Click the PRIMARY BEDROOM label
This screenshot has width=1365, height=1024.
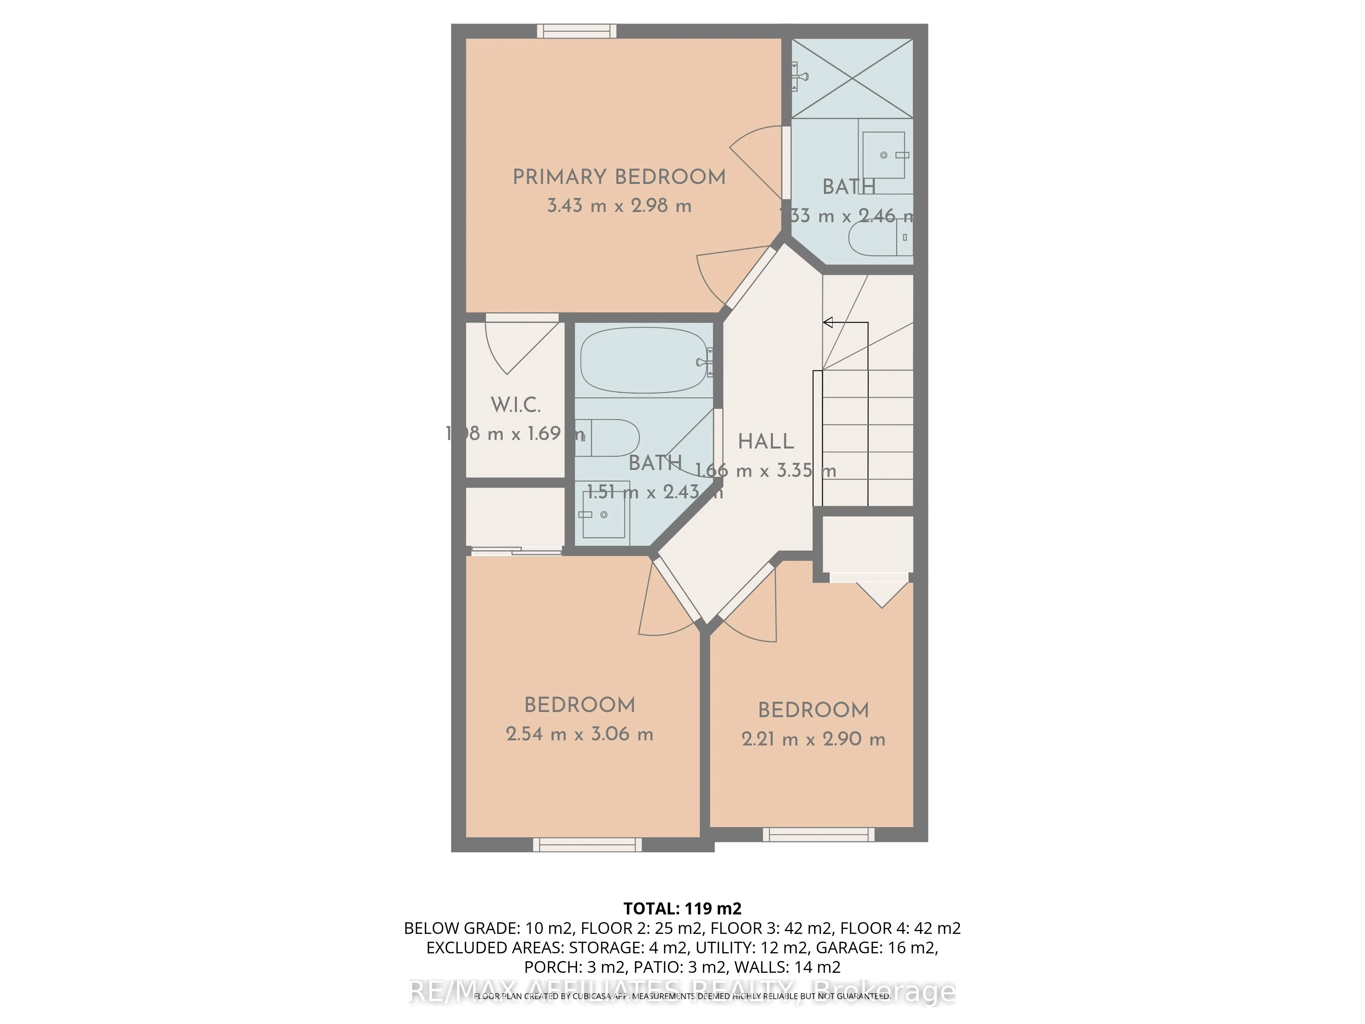click(619, 177)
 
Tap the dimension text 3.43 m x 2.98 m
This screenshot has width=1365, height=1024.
click(619, 205)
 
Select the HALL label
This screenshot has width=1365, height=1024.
click(766, 441)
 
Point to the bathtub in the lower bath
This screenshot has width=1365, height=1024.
click(643, 360)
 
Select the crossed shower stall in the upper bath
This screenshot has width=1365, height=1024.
click(851, 79)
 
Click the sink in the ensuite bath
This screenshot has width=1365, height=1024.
click(884, 155)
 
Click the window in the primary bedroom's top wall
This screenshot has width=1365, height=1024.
click(576, 31)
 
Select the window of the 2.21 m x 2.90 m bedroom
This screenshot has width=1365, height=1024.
click(818, 835)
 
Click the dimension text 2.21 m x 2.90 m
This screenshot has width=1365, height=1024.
click(813, 739)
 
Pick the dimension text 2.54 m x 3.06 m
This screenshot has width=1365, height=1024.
click(579, 734)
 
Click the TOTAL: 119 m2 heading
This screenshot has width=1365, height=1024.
click(682, 909)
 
